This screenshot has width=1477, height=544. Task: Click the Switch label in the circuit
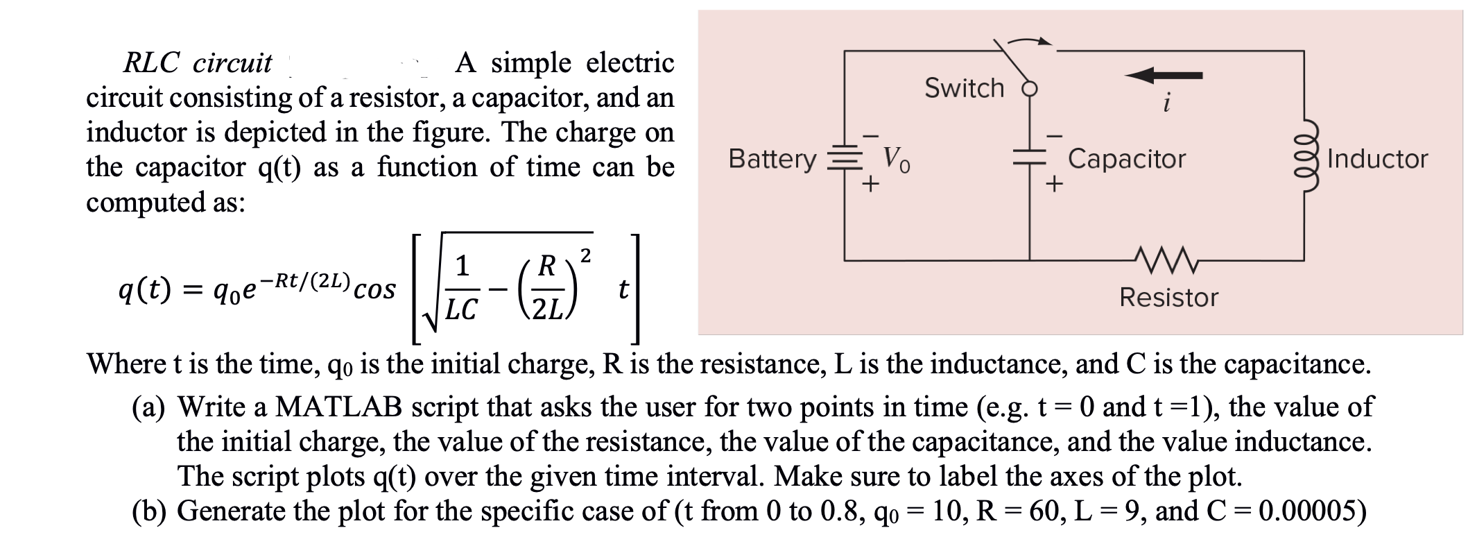point(964,88)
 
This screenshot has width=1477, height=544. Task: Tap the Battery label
point(772,159)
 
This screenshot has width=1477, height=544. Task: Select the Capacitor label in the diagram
point(1127,159)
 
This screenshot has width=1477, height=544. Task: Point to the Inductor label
point(1377,159)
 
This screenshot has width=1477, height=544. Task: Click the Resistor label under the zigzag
point(1168,298)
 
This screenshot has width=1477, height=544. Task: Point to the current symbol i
point(1167,104)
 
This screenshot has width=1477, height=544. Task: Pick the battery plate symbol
point(844,159)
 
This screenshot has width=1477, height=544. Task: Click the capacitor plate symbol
point(1029,160)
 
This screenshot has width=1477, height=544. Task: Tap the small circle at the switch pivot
point(1030,89)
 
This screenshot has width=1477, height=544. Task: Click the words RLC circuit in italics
point(198,63)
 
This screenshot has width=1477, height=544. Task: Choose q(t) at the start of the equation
point(144,288)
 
